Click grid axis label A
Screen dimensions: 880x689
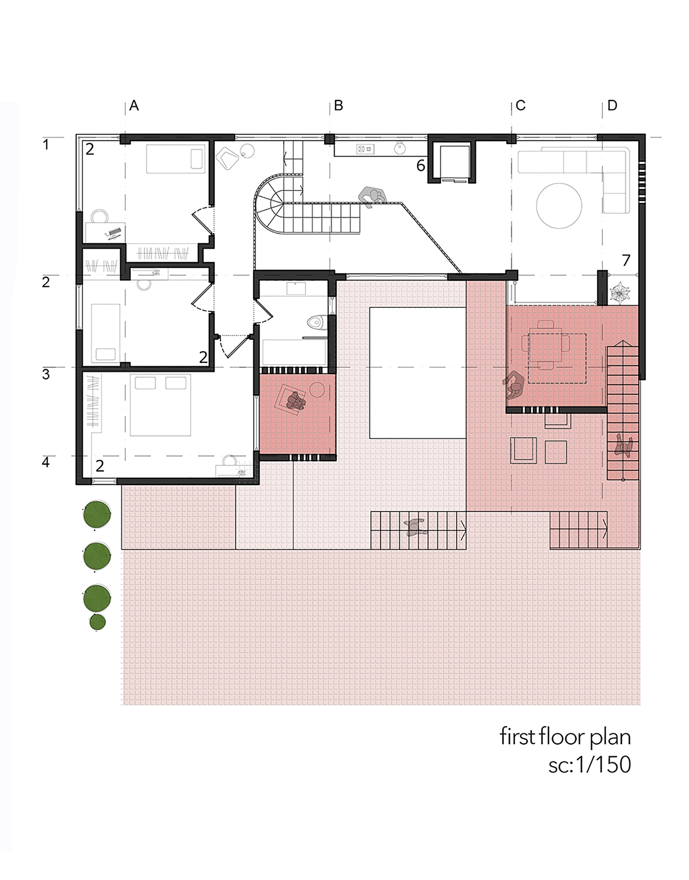point(134,106)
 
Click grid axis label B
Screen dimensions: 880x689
point(338,106)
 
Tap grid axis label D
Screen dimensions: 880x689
point(612,106)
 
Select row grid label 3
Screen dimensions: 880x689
point(46,375)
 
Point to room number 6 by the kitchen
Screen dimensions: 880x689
point(420,165)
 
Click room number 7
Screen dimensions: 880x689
point(626,260)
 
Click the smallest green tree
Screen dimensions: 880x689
point(98,622)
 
